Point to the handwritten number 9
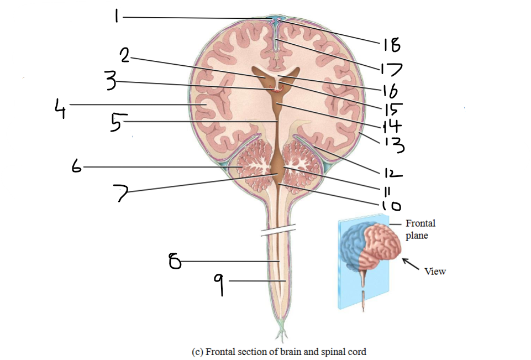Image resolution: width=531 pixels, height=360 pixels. pos(219,285)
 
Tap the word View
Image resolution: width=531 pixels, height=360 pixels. pos(435,271)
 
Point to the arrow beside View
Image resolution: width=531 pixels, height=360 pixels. pos(409,263)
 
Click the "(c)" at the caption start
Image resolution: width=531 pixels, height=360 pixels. pos(197,351)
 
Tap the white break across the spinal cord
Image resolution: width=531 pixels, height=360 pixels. pos(278,230)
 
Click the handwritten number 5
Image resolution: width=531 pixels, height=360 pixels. pos(115,123)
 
